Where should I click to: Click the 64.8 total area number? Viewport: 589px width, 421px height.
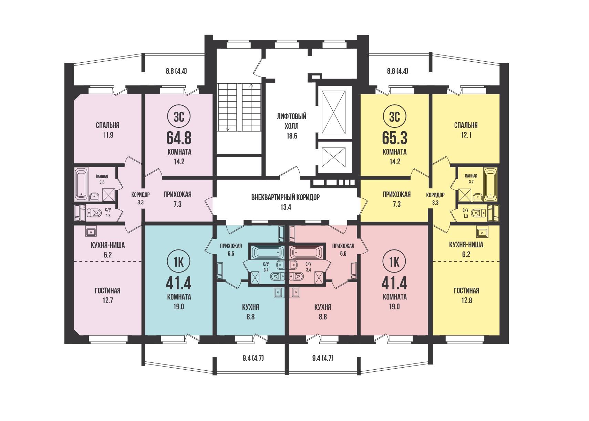[179, 138]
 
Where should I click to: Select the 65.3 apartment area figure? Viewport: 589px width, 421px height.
[394, 138]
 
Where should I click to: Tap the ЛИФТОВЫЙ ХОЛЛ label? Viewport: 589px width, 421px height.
[292, 126]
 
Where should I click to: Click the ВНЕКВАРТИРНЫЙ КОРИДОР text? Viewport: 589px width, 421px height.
[286, 197]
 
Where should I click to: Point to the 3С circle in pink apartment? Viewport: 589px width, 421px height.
[179, 116]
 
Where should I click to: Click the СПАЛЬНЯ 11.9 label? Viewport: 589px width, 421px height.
[107, 130]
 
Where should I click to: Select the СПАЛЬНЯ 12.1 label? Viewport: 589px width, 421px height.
[466, 130]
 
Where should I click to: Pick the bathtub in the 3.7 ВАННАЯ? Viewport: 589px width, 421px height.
[490, 184]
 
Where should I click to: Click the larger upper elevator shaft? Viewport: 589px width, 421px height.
[333, 113]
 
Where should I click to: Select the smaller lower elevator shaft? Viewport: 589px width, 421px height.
[333, 157]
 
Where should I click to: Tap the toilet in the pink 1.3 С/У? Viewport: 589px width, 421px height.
[94, 213]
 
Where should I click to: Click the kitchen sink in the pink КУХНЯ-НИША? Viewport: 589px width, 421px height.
[91, 232]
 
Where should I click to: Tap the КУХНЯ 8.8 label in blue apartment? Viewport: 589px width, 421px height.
[250, 312]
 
